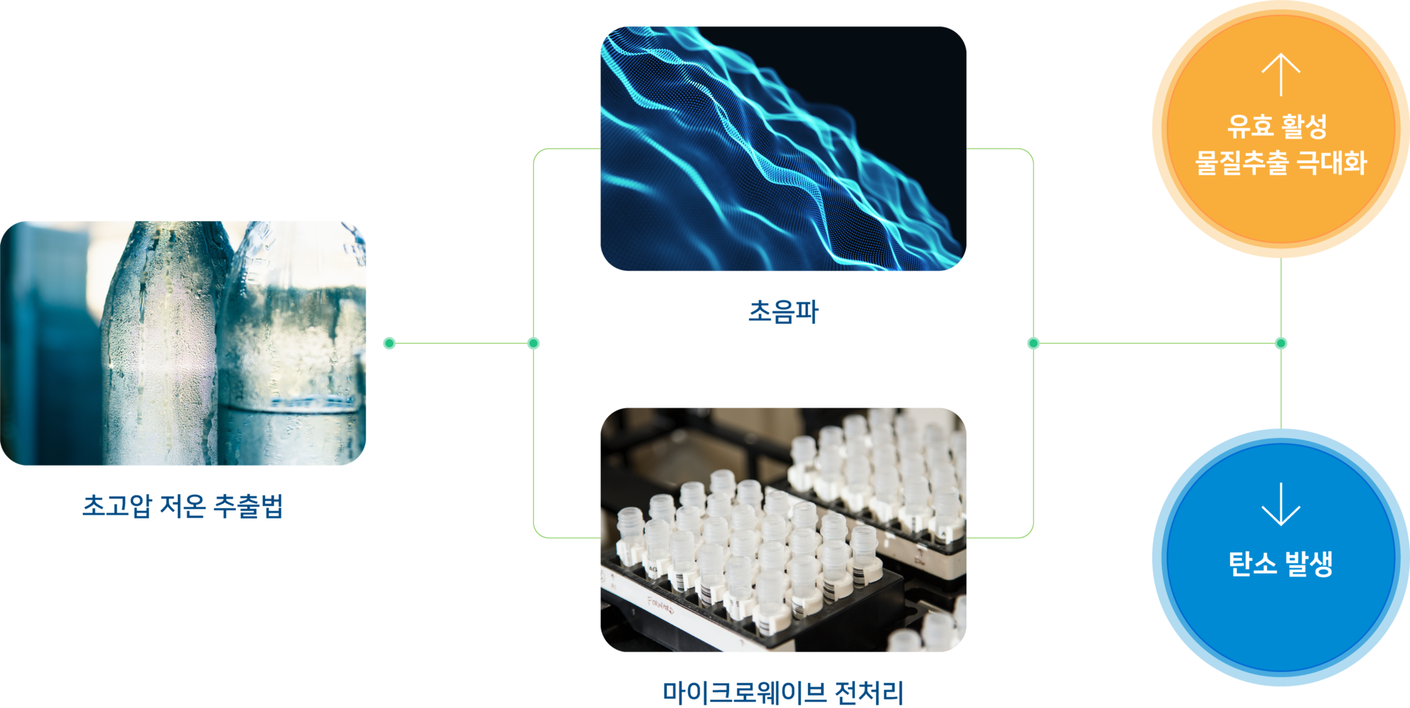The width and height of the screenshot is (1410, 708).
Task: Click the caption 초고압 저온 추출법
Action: click(x=182, y=506)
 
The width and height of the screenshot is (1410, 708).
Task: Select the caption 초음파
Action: click(x=783, y=311)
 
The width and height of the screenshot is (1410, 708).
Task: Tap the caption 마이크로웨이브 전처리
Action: click(x=783, y=692)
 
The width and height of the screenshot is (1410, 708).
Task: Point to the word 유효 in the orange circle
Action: click(x=1250, y=126)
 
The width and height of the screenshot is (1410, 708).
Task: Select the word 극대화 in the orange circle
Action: click(x=1332, y=162)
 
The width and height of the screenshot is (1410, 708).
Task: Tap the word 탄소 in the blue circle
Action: click(x=1253, y=564)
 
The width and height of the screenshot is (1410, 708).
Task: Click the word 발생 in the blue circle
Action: click(x=1309, y=564)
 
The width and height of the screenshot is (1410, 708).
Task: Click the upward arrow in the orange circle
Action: click(x=1281, y=74)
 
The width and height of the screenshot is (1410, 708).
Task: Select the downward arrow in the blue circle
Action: click(x=1281, y=505)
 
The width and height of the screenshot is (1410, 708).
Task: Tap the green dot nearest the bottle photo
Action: click(x=389, y=343)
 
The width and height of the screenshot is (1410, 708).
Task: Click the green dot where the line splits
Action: click(x=534, y=343)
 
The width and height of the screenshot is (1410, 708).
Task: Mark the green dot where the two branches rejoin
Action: click(x=1033, y=343)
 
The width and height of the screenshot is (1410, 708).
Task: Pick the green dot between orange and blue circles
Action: click(x=1281, y=343)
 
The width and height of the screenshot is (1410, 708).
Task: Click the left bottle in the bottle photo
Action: click(x=162, y=345)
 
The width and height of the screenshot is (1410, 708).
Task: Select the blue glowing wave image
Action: click(x=783, y=148)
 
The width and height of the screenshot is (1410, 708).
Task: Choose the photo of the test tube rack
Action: click(x=783, y=530)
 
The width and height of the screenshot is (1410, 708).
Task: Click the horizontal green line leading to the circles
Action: click(x=1157, y=343)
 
